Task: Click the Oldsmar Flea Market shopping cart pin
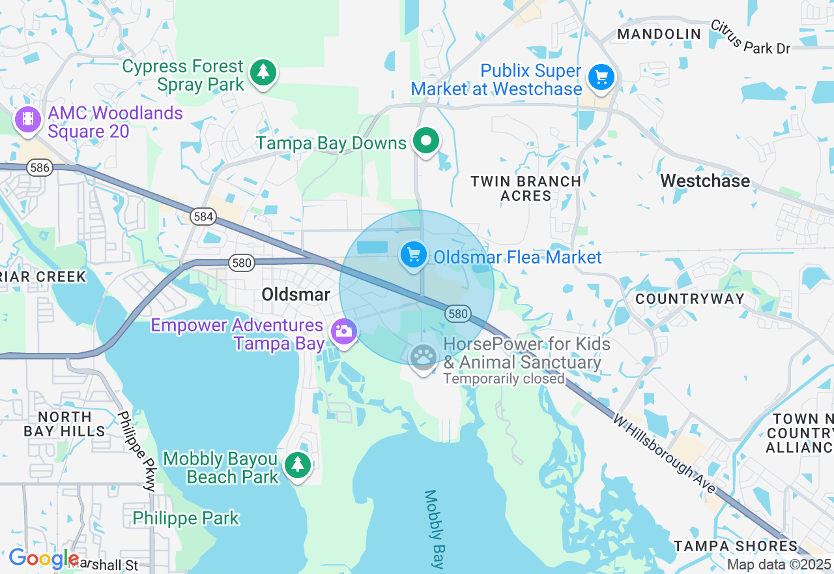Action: (x=413, y=254)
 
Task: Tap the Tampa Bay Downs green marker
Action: (x=426, y=141)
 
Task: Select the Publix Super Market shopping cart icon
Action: (x=601, y=78)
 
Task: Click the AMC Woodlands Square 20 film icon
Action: (x=27, y=119)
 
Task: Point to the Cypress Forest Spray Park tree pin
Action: (x=263, y=72)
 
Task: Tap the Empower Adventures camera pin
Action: (x=343, y=331)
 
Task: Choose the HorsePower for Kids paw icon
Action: (x=424, y=357)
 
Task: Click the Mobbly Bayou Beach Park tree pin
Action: (x=298, y=464)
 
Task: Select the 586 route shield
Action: (x=40, y=168)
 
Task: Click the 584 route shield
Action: (x=203, y=217)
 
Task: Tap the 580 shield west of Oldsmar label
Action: (x=241, y=263)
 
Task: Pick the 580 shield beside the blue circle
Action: (x=458, y=314)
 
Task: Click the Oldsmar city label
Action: (x=296, y=294)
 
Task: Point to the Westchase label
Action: (x=705, y=181)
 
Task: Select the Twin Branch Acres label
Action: (x=526, y=189)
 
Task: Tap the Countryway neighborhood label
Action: (x=689, y=299)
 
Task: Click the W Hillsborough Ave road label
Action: (x=664, y=453)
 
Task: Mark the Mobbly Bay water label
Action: (x=434, y=529)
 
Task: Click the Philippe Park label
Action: (x=186, y=519)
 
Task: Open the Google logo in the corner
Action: (x=43, y=559)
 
